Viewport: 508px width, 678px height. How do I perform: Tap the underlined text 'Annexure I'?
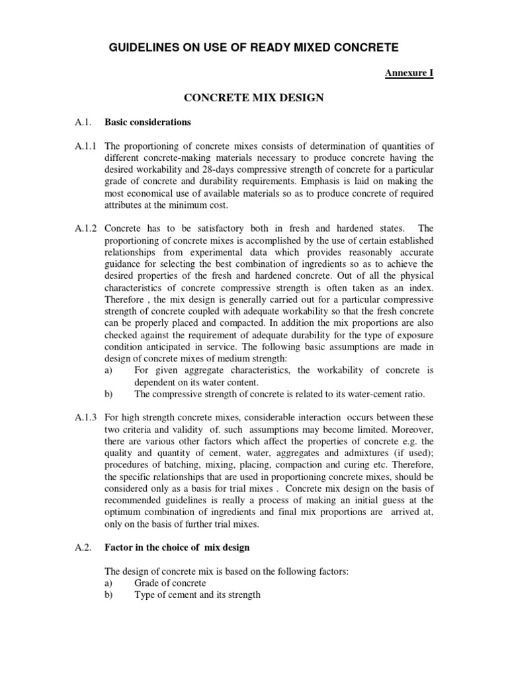tap(409, 73)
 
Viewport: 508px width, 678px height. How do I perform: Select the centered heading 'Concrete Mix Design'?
tap(253, 98)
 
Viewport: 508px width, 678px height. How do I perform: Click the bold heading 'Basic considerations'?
tap(148, 122)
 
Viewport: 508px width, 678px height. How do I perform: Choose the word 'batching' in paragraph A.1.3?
tap(178, 465)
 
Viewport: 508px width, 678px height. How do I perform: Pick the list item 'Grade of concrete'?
tap(170, 583)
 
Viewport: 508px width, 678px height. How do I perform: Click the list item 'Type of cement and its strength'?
tap(197, 595)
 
